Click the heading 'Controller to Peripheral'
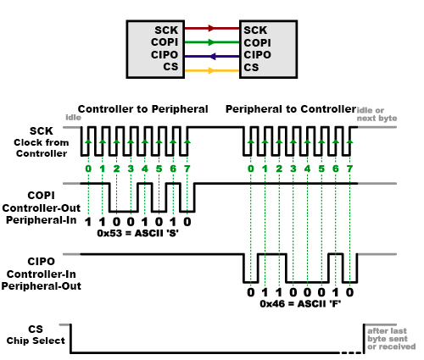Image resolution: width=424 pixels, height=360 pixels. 142,109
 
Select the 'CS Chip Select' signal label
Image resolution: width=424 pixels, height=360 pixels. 37,335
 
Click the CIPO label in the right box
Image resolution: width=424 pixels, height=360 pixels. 257,54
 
